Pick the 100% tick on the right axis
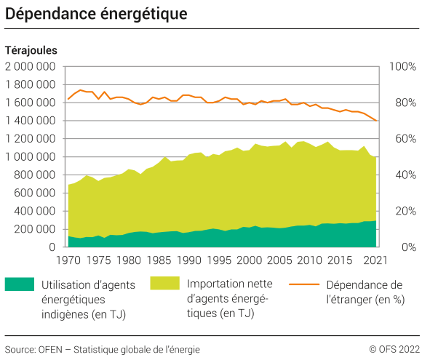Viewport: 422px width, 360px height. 402,66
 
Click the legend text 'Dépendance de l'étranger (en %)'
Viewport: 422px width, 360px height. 365,291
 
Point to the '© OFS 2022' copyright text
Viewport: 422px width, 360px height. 394,348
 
